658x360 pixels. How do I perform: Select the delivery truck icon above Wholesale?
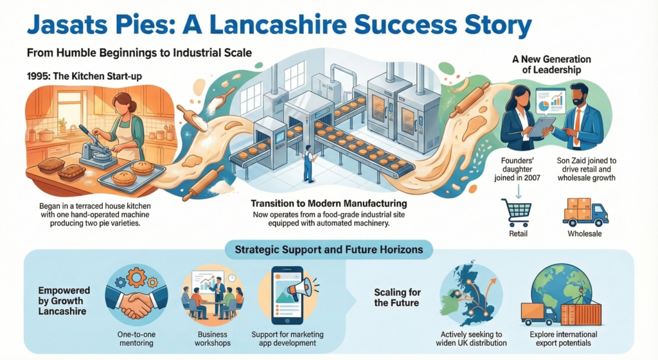pyautogui.click(x=585, y=213)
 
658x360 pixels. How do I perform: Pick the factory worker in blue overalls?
pyautogui.click(x=309, y=163)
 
